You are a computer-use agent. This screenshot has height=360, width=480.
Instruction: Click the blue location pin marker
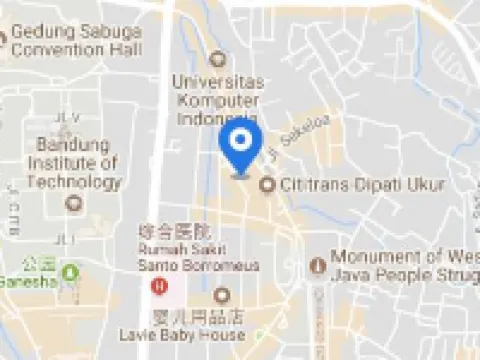tap(239, 148)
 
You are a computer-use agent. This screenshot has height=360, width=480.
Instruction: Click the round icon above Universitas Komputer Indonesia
tap(218, 58)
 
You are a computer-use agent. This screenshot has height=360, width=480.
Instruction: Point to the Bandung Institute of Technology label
tap(73, 164)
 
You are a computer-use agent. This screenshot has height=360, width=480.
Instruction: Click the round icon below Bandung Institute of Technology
tap(72, 202)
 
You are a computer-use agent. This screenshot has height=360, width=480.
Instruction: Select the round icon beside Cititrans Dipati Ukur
tap(267, 185)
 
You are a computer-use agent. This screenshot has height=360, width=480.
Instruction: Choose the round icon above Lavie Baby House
tap(221, 295)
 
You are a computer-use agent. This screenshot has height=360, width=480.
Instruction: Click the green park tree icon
tap(70, 272)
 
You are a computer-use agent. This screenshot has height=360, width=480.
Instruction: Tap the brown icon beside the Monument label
tap(317, 264)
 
